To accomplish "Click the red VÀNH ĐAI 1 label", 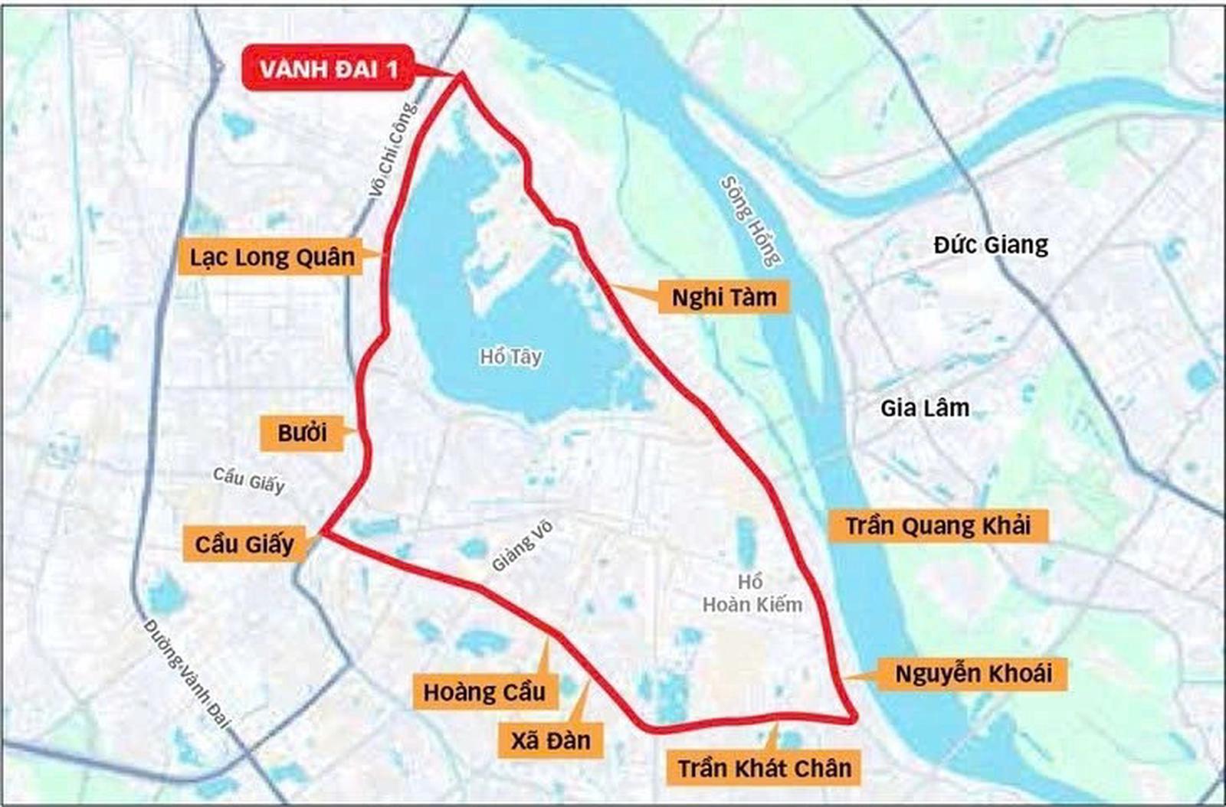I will point(328,69).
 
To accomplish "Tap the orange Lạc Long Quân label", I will point(272,256).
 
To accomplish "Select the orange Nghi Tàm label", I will point(723,297).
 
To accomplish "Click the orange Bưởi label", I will point(302,433).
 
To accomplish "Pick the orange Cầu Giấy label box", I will point(244,544).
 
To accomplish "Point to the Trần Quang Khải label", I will point(937,526).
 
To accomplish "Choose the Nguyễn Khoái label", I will point(973,674).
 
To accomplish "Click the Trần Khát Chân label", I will point(764,768).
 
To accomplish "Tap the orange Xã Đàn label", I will point(550,740).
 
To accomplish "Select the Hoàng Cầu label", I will point(484,692).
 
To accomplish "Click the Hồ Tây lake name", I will point(511,356).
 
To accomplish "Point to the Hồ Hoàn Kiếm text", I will point(752,593).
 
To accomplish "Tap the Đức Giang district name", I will point(991,245).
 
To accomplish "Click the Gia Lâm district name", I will point(925,408).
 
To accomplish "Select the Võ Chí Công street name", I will point(394,149).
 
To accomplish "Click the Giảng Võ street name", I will point(523,547).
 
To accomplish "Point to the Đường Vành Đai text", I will point(187,674).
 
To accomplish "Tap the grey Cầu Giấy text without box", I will point(248,479).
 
